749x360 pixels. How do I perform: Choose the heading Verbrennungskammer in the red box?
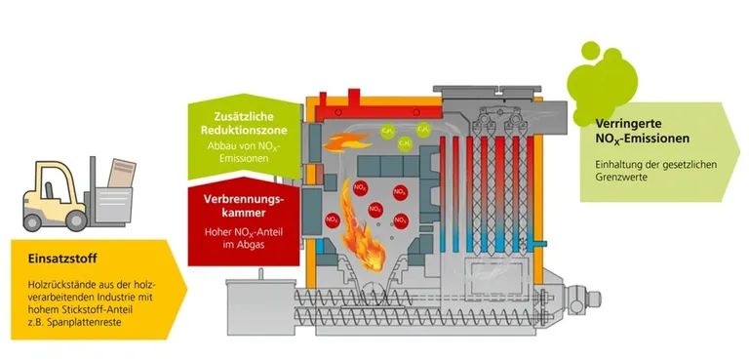[245, 205]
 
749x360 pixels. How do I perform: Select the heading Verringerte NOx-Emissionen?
[640, 131]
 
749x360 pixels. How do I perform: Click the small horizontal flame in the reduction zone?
[342, 143]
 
